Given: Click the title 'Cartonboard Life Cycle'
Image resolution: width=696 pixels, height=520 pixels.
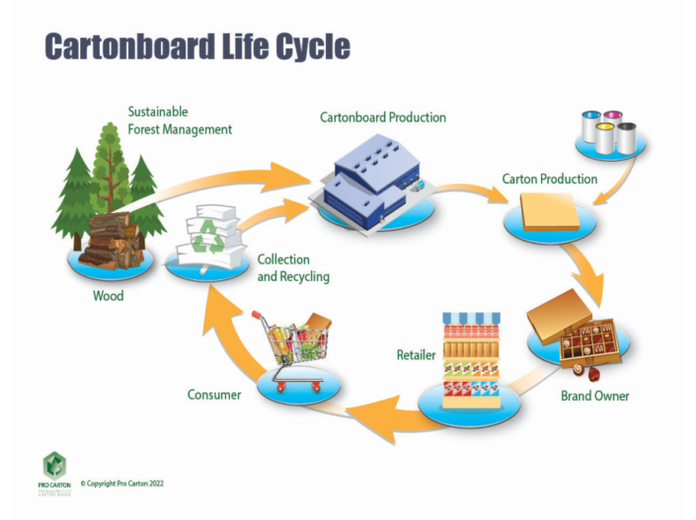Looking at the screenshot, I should [x=197, y=46].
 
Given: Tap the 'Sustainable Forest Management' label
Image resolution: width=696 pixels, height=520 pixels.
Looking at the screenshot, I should [x=180, y=119].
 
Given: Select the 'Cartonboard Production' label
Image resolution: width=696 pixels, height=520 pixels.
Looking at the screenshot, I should [x=382, y=117].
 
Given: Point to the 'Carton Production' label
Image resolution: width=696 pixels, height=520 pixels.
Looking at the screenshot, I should [x=549, y=179].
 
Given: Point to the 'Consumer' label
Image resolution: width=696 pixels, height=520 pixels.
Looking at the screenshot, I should [x=214, y=395].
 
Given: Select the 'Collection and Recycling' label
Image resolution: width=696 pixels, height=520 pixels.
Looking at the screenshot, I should [x=292, y=268].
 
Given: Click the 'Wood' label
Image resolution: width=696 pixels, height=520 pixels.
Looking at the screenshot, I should [x=108, y=295].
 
